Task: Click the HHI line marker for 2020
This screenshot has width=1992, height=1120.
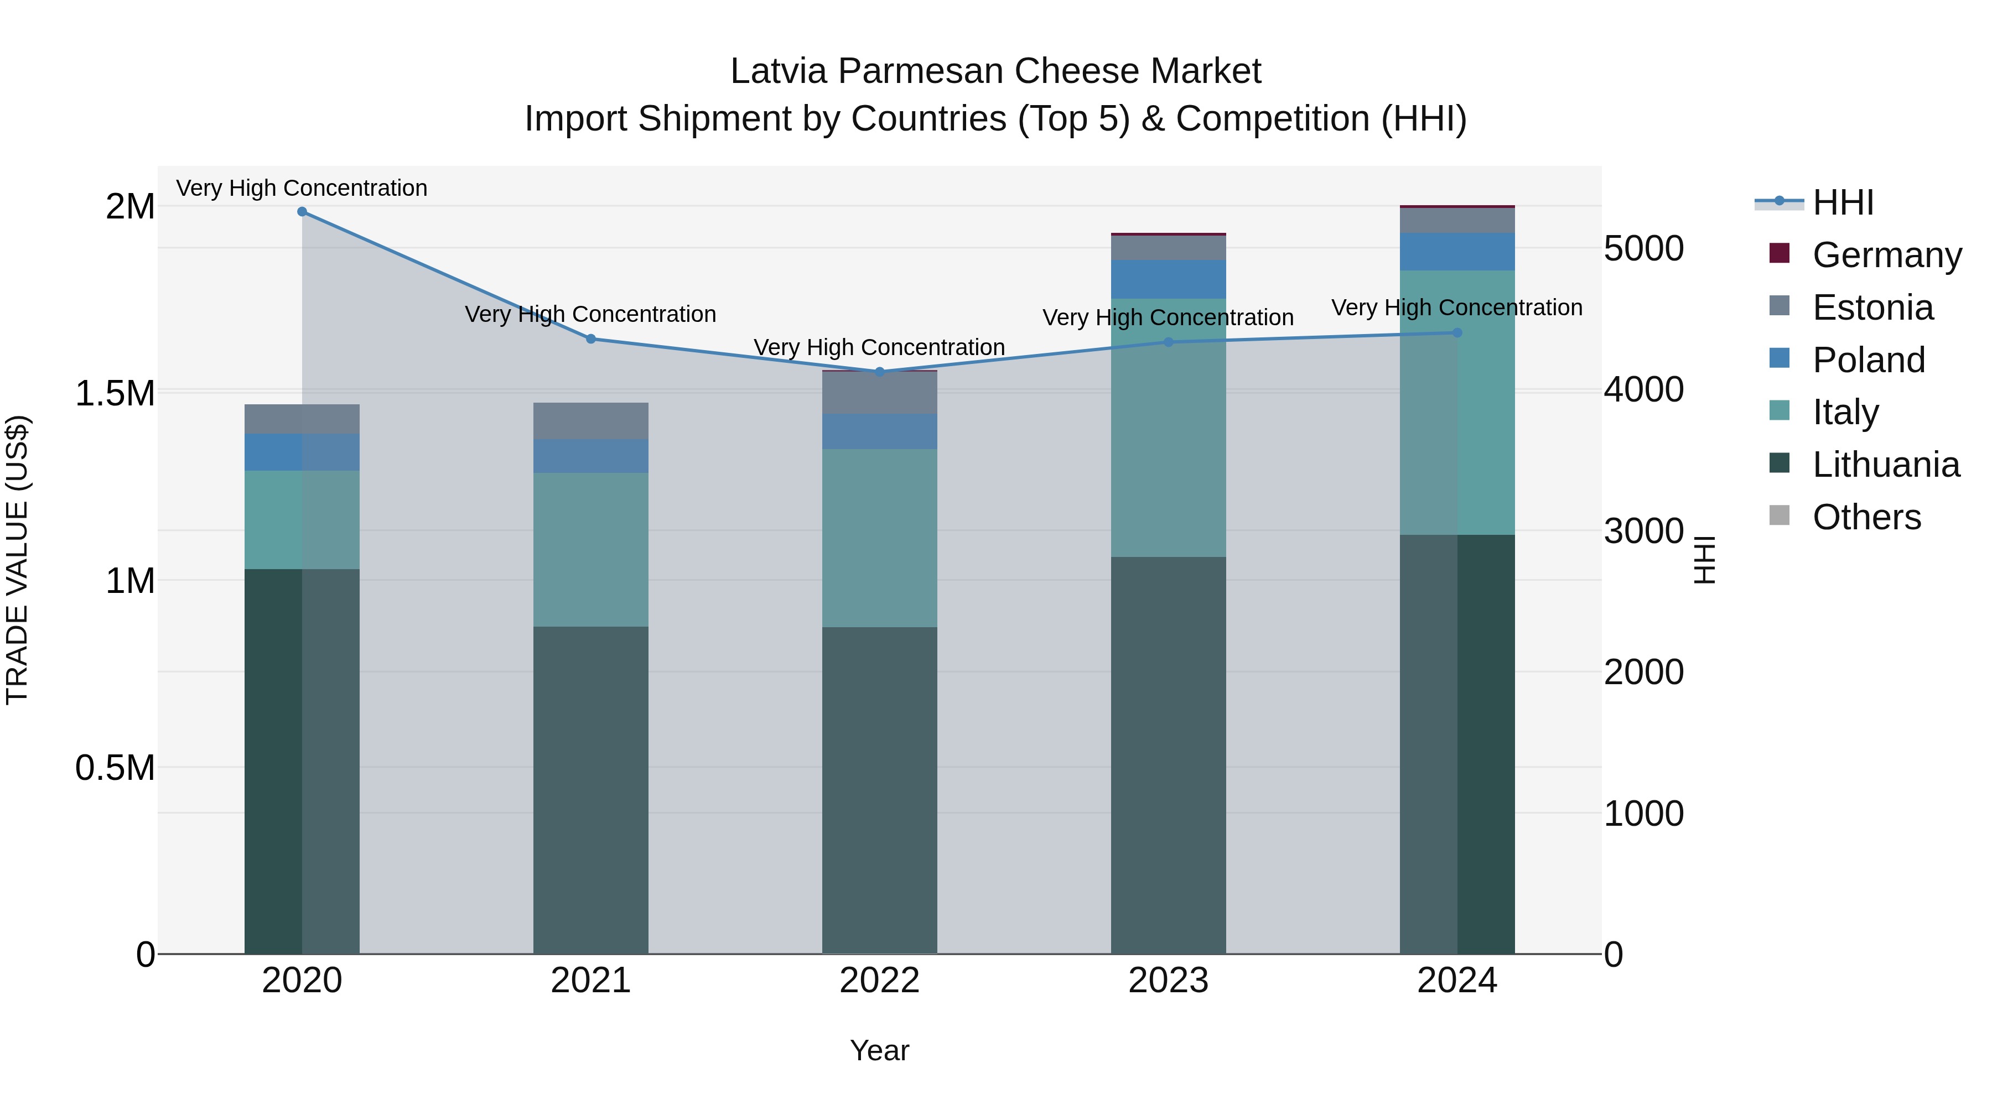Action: [x=302, y=211]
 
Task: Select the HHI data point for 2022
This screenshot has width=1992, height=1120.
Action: [x=879, y=371]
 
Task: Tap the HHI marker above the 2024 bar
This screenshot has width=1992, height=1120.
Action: [x=1457, y=332]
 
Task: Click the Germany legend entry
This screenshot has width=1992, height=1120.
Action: [x=1886, y=254]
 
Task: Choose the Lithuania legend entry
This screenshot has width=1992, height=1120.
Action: [x=1885, y=465]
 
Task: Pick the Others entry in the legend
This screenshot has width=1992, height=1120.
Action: [x=1866, y=517]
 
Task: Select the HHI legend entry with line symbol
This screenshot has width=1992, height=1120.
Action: [x=1843, y=202]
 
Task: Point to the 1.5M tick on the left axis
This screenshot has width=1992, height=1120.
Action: [x=115, y=393]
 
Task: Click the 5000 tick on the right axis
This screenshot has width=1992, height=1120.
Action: [x=1643, y=249]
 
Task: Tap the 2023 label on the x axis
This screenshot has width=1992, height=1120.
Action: [x=1168, y=980]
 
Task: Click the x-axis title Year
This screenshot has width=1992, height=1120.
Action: [x=879, y=1050]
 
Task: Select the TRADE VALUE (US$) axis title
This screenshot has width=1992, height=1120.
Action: [x=17, y=560]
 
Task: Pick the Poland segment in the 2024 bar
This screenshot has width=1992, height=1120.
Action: [x=1457, y=251]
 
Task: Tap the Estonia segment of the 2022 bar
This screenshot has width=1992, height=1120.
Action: [x=879, y=393]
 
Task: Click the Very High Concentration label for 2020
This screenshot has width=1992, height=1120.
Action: [x=302, y=188]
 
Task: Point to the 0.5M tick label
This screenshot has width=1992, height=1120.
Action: [x=115, y=768]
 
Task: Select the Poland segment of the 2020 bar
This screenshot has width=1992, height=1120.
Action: [x=302, y=452]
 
